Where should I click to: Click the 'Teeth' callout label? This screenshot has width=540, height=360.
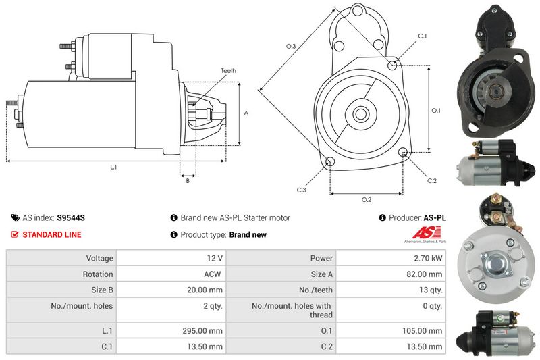click(x=228, y=71)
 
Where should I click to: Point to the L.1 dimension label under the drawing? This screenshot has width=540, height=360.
click(x=113, y=167)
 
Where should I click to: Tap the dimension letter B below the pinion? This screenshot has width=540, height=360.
click(x=188, y=181)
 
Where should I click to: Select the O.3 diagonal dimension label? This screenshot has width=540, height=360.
click(x=291, y=46)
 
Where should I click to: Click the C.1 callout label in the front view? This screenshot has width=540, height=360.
click(x=423, y=36)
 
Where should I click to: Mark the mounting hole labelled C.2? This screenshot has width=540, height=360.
click(x=403, y=152)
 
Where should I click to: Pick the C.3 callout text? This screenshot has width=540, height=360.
click(x=301, y=190)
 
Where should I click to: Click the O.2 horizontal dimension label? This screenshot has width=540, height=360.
click(x=367, y=200)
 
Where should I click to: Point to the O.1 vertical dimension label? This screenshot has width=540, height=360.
click(x=436, y=111)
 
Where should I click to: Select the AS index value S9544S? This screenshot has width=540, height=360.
click(x=71, y=217)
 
